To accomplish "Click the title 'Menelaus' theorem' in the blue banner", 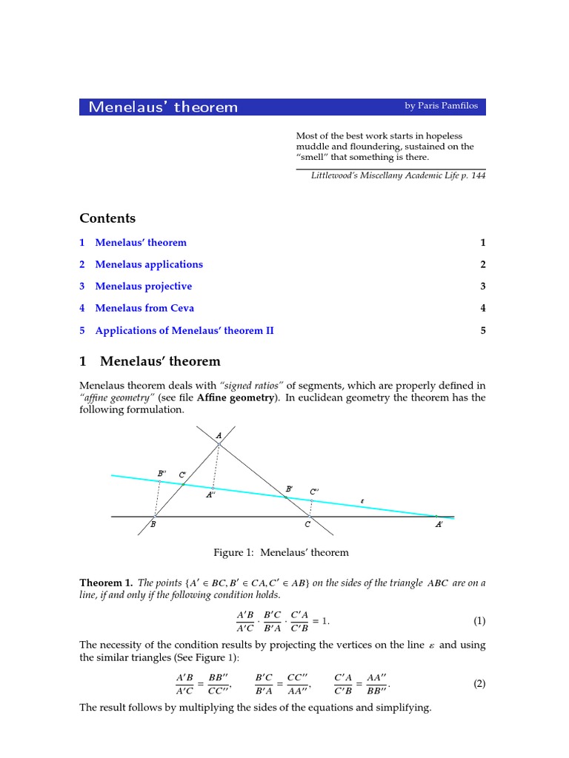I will click(163, 107).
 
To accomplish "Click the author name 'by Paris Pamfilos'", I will click(441, 106).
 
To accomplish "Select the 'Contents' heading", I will click(107, 218).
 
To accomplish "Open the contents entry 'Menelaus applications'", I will click(149, 264).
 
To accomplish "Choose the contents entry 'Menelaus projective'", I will click(143, 286).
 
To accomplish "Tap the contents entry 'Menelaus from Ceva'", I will click(144, 308).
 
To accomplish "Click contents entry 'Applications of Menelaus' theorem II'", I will click(184, 330).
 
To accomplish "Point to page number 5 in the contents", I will click(482, 330).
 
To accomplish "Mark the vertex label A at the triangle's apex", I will click(219, 436).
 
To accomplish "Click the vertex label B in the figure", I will click(153, 525).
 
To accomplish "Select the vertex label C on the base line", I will click(307, 525).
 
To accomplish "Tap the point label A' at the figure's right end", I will click(439, 525).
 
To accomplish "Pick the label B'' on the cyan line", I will click(162, 473).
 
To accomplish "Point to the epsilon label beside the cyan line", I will click(362, 501).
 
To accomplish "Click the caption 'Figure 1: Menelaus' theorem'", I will click(281, 552).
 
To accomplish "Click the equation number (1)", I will click(479, 620).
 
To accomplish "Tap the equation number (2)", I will click(479, 684).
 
